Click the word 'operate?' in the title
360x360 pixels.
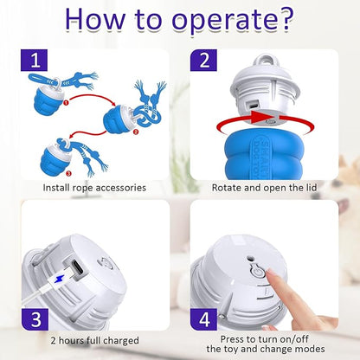233,20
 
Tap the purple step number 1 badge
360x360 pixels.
34,61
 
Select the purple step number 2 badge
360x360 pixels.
203,61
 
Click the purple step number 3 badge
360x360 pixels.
35,319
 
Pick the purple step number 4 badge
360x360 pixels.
203,319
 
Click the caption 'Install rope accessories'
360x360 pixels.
94,188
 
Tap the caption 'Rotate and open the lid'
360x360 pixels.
264,188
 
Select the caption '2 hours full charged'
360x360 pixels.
94,341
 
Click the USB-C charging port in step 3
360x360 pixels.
78,267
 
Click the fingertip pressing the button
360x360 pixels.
269,273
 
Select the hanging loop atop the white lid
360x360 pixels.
266,61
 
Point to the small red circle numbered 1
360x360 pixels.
66,102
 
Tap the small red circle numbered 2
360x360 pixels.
136,132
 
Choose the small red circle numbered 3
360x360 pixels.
68,173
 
